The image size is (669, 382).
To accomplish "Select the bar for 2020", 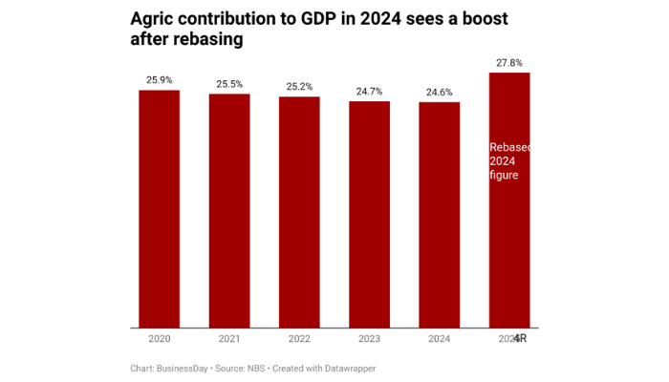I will point(160,209).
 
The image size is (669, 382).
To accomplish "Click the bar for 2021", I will point(229,211).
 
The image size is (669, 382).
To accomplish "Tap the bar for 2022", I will point(299,212).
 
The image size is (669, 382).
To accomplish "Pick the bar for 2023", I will point(369,215).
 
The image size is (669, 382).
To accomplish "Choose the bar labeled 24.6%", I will point(439,215).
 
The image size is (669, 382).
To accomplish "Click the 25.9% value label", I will point(160,80).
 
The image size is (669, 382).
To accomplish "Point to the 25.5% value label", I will point(229,84).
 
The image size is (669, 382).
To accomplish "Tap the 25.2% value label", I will point(299,87).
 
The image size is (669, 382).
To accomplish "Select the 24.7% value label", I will point(369,91).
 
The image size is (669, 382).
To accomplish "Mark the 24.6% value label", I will point(439,92).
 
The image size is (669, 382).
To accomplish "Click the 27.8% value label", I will point(508,63).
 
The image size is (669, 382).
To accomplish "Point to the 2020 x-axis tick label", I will point(160,338).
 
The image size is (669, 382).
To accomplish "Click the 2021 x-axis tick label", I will point(229,338).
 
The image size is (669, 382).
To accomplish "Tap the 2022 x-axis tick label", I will point(299,338).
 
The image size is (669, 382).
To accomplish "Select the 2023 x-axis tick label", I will point(369,338).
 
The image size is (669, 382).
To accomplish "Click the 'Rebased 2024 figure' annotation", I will point(509,161).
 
